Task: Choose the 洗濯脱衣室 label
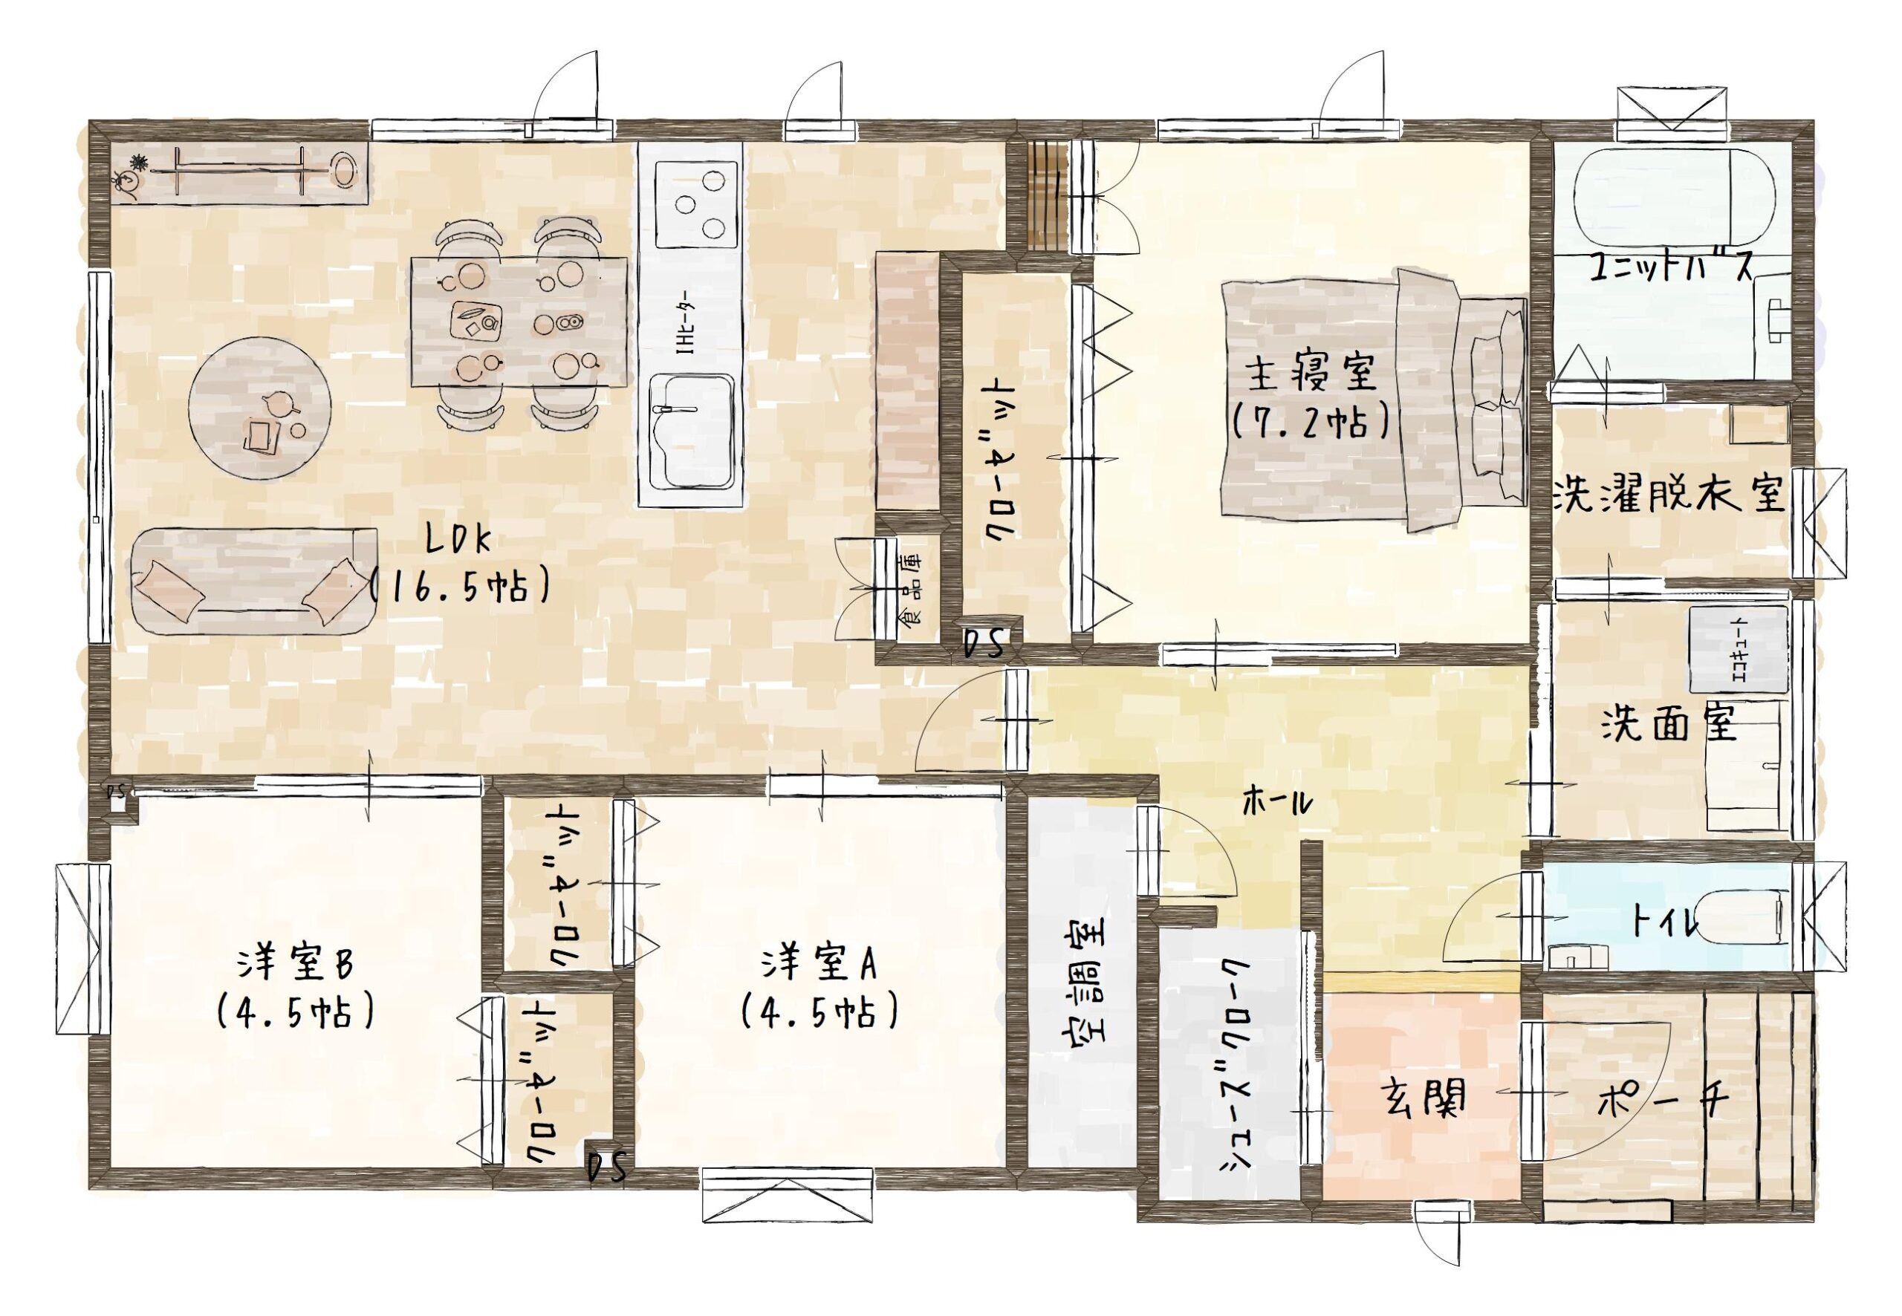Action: [x=1669, y=494]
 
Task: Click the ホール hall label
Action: [x=1277, y=801]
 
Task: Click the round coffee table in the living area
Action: [x=260, y=407]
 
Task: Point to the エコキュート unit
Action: [x=1739, y=649]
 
